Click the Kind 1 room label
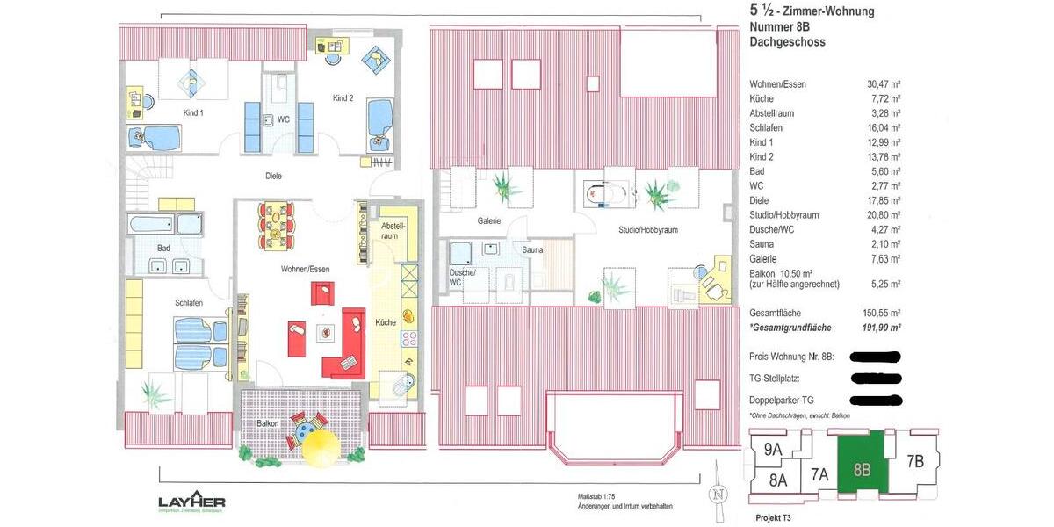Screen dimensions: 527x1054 tap(192, 113)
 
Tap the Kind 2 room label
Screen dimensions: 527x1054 tap(343, 98)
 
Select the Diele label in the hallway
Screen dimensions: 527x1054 tap(274, 176)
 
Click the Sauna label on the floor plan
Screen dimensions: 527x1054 tap(532, 250)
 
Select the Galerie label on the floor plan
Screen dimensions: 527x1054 tap(488, 221)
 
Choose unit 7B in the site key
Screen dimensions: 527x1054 tap(914, 460)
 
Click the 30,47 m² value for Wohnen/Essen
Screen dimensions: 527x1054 tap(883, 84)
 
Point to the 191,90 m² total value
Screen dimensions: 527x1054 tap(880, 328)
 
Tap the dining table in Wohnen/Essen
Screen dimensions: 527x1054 tap(275, 225)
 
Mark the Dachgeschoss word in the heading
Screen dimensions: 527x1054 tap(787, 42)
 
